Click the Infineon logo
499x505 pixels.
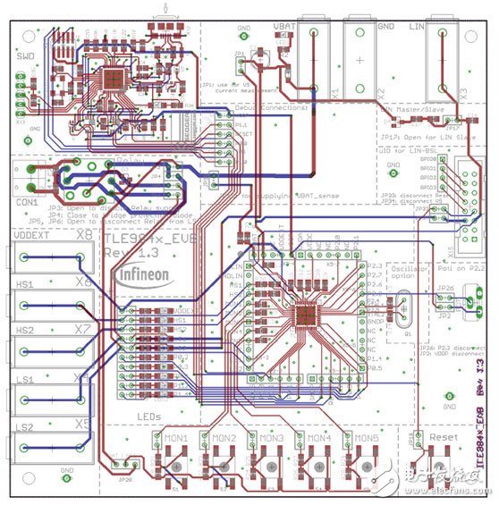pyautogui.click(x=150, y=273)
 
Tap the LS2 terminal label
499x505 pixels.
pyautogui.click(x=24, y=426)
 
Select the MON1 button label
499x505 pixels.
pyautogui.click(x=173, y=439)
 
